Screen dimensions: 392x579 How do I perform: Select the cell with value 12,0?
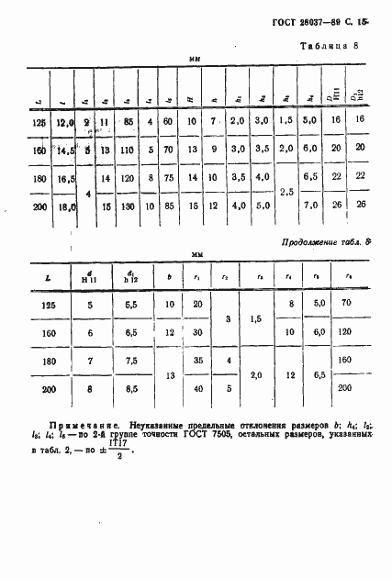[63, 119]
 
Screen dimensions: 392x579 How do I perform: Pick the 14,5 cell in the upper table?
[64, 150]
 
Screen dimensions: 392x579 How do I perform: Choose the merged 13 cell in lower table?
[168, 375]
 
